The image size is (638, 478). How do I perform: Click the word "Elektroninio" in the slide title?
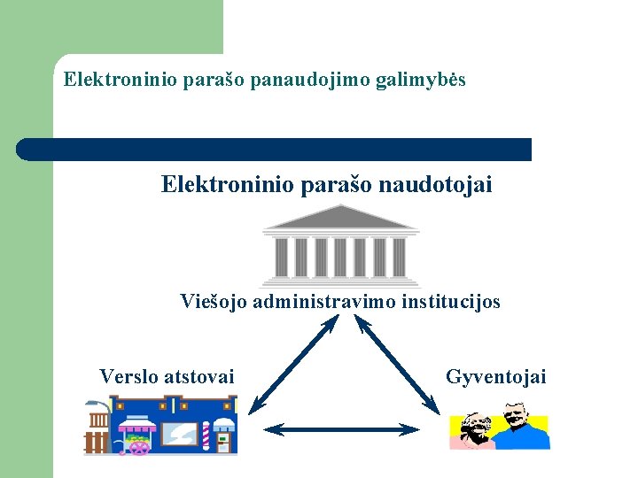[x=120, y=81]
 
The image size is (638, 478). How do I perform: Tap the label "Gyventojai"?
[x=495, y=377]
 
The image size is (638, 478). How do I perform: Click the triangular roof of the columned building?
[x=341, y=218]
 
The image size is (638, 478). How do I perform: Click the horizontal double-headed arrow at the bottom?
[x=342, y=429]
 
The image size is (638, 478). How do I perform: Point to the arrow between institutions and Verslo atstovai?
[x=292, y=365]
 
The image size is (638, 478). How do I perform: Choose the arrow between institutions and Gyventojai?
[x=398, y=365]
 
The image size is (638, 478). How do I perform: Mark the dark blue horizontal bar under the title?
[x=275, y=150]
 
